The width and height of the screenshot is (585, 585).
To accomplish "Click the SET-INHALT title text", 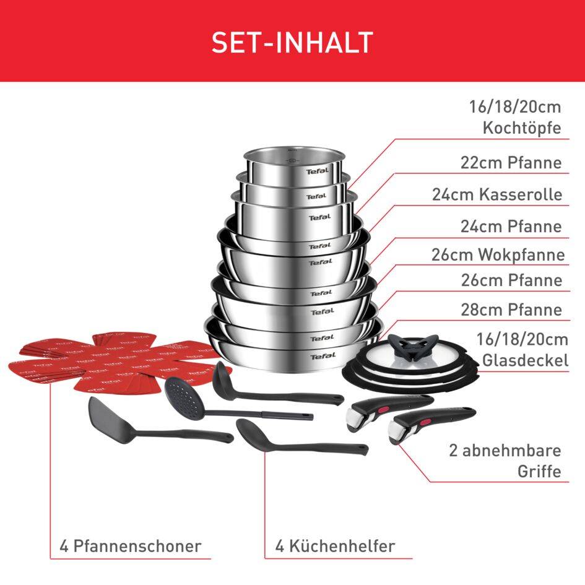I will (292, 41).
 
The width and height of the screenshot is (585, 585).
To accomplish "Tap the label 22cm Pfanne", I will (511, 163).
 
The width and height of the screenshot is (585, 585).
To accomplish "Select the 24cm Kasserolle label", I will (497, 194).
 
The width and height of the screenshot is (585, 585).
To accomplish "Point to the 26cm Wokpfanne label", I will (498, 254).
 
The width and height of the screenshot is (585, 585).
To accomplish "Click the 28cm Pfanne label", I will (511, 309).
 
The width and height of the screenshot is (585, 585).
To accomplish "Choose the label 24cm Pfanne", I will (511, 226).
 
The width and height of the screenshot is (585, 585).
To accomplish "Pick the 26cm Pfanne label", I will (511, 280).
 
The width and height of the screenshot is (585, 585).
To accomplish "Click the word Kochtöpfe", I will (521, 129).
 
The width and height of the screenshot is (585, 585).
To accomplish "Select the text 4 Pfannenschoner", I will (131, 546).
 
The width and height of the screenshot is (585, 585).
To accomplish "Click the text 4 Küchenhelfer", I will (335, 546).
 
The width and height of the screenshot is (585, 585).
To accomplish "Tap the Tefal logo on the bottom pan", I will (323, 355).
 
